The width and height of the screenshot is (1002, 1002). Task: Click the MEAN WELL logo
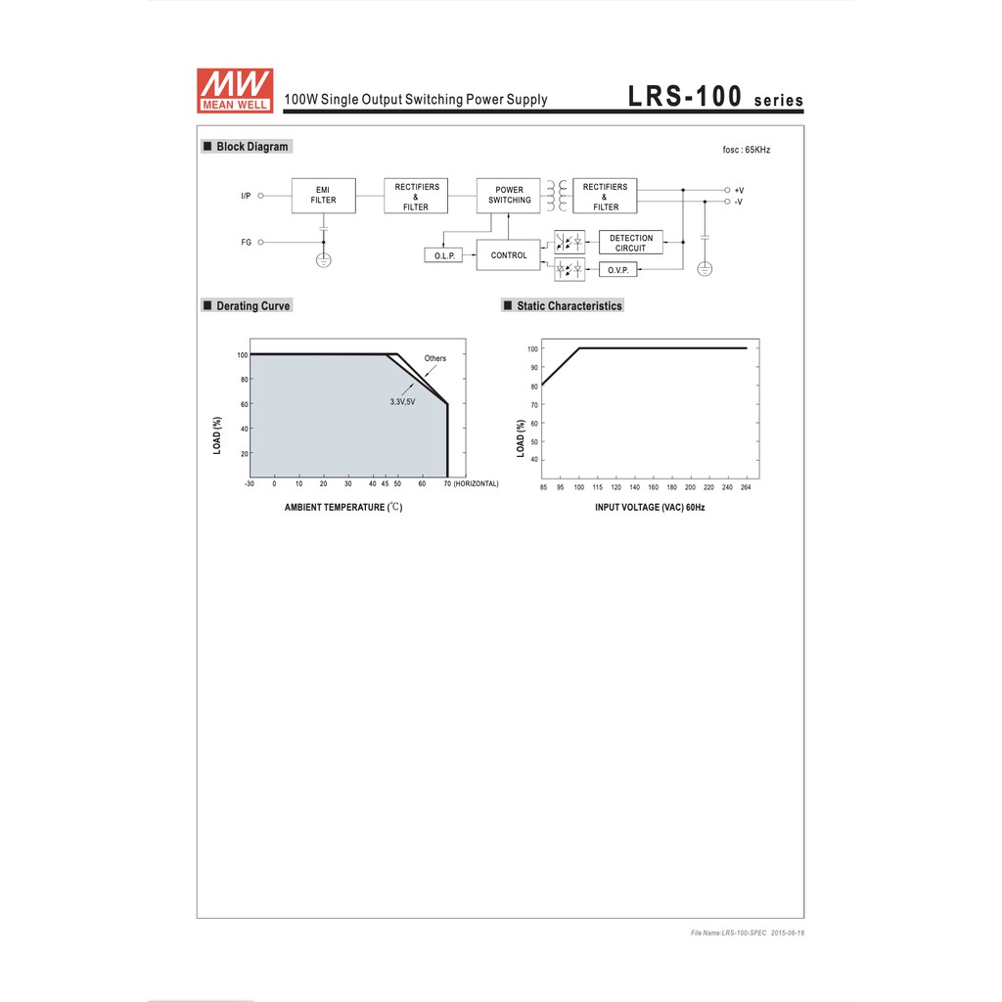235,91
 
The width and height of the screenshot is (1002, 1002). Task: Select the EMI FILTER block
323,196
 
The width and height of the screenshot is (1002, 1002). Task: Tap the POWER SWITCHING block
509,196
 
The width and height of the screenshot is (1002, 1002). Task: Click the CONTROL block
509,255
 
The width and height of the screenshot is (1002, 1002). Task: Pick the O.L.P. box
444,255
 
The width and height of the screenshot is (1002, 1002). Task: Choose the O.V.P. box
618,270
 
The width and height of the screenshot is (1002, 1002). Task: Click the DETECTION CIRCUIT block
631,243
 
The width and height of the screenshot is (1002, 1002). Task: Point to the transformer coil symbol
557,196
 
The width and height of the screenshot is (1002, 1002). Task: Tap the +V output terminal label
740,191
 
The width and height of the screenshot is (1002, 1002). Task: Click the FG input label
246,243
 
